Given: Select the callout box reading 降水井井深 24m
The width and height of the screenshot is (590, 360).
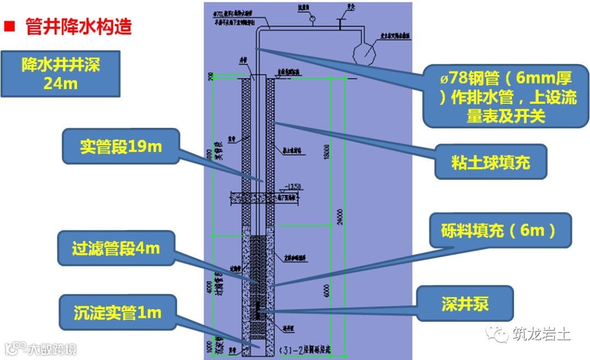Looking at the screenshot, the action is click(60, 74).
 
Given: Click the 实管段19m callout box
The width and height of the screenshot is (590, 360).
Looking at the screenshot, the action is click(121, 146).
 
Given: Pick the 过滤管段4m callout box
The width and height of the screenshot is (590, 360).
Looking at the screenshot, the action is click(116, 249).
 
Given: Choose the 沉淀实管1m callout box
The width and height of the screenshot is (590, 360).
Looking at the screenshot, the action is click(117, 312).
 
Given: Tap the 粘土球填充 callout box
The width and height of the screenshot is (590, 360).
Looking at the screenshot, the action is click(491, 162).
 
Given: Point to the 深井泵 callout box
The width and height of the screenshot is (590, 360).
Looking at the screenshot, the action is click(465, 304).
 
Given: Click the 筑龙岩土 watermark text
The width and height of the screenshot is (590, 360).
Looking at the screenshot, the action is click(541, 332).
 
